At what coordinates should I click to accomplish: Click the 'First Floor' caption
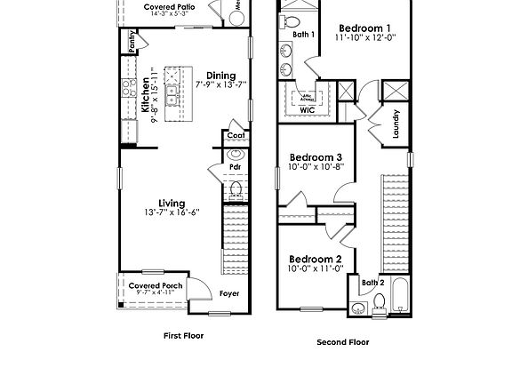pos(183,336)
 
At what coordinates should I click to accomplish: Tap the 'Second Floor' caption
pos(342,341)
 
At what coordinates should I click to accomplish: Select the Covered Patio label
pos(169,7)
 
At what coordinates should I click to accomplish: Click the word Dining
pos(220,76)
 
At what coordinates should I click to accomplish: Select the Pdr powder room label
pos(236,166)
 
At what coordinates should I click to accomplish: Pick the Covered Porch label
pos(156,285)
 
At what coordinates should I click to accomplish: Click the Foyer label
pos(230,293)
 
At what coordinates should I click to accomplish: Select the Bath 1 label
pos(304,35)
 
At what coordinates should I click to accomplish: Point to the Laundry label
pos(396,123)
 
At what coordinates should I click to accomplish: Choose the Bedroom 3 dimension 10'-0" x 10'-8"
pos(315,167)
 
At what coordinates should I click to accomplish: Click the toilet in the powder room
pos(236,188)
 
